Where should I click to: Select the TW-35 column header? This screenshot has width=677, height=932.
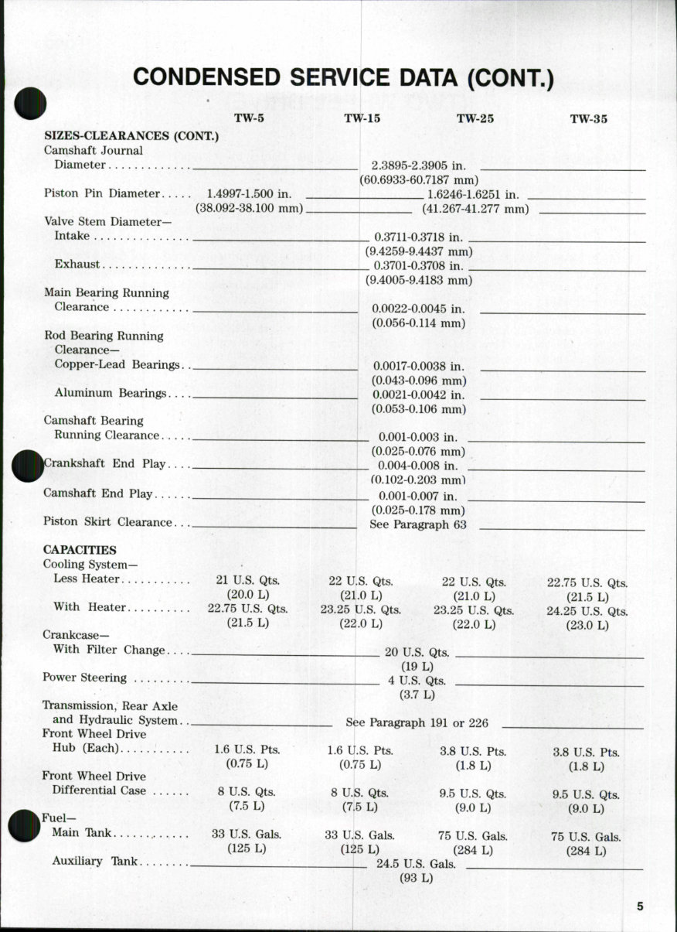(x=589, y=119)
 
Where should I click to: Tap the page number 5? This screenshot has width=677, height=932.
(x=641, y=907)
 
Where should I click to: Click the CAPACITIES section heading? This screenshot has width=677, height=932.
(x=80, y=550)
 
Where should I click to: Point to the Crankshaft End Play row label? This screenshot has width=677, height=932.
(x=106, y=464)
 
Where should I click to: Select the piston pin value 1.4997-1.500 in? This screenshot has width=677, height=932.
(x=249, y=193)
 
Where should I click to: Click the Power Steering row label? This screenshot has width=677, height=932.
(x=84, y=678)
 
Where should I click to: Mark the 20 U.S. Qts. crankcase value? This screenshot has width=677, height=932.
(x=417, y=653)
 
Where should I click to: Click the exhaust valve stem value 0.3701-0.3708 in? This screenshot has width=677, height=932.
(x=418, y=265)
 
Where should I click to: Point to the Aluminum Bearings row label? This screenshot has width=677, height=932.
(x=111, y=393)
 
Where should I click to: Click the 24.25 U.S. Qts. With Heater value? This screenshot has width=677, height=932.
(x=587, y=610)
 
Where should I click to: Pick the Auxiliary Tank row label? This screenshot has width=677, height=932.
(x=95, y=861)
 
